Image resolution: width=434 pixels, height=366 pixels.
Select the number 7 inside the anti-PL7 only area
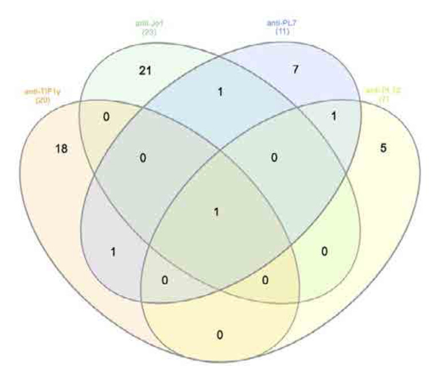click(295, 70)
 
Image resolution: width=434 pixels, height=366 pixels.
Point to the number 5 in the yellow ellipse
click(383, 148)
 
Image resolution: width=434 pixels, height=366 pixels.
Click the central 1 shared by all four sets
click(216, 212)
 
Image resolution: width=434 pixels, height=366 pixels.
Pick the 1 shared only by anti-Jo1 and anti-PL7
click(219, 92)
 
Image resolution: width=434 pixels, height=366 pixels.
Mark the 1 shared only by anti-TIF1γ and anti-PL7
click(113, 251)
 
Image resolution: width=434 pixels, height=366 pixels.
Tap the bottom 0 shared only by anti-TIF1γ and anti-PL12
click(219, 334)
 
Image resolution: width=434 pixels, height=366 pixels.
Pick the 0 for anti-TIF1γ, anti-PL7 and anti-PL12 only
click(164, 280)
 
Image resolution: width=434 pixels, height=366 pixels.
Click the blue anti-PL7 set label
click(279, 23)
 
